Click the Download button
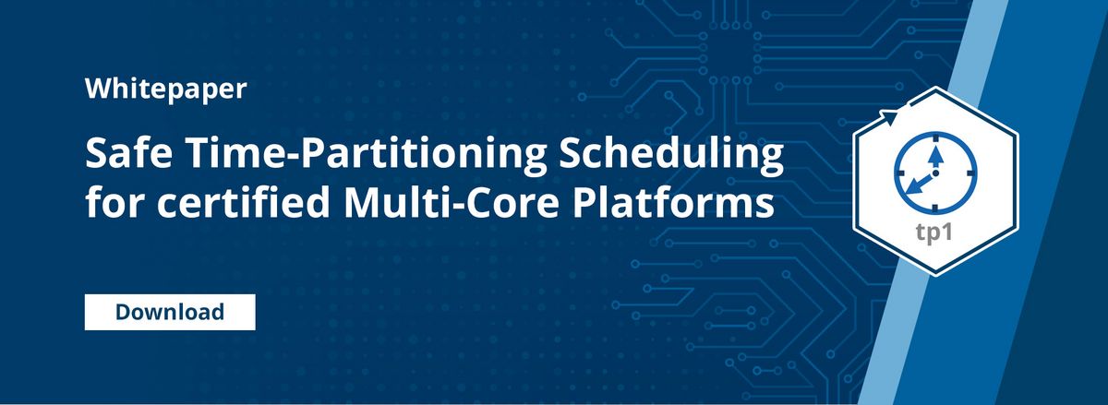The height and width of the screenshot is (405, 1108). tap(170, 312)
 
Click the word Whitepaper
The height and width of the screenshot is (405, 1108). tap(152, 89)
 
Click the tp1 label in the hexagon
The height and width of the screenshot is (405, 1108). tap(935, 232)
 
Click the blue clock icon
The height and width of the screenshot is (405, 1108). tap(935, 170)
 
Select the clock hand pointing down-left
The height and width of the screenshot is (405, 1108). tap(919, 185)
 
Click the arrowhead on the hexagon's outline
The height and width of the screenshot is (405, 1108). tap(890, 115)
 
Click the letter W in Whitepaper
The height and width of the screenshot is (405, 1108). tap(96, 89)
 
